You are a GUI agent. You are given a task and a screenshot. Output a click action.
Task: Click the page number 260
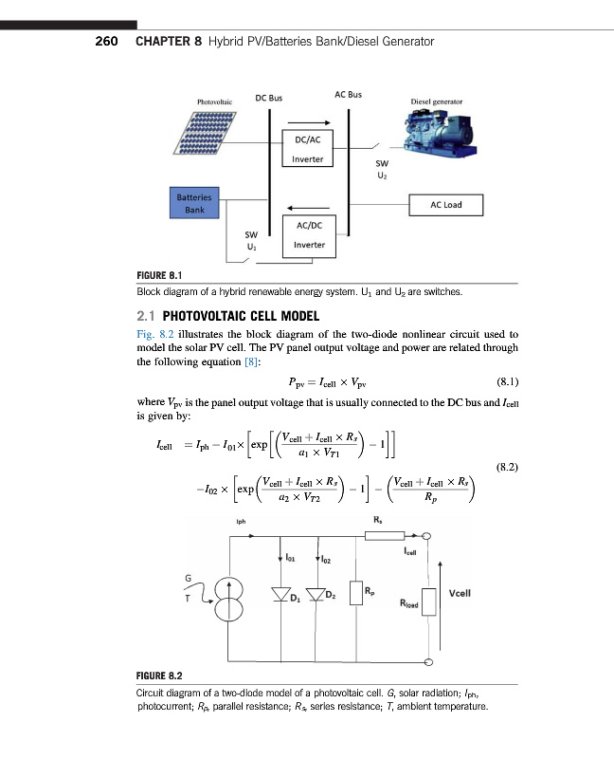coord(105,42)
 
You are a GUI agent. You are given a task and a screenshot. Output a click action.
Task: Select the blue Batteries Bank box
coord(194,205)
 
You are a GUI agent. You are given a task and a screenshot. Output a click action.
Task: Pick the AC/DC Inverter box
coord(310,234)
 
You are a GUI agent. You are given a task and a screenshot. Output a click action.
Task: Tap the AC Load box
coord(444,205)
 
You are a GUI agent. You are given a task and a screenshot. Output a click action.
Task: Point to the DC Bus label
coord(269,97)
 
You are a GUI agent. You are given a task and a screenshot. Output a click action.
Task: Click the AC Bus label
coord(348,95)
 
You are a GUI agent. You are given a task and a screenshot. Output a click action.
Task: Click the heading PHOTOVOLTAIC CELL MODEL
coord(242,316)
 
